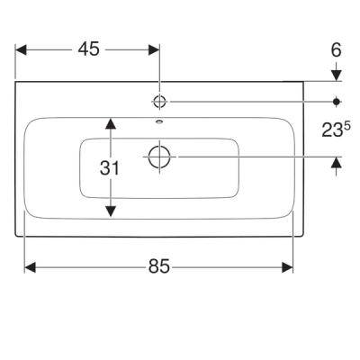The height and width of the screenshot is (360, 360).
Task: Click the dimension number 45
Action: (89, 49)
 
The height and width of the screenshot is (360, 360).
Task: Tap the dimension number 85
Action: (159, 266)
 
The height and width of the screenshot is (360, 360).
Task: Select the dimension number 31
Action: (110, 168)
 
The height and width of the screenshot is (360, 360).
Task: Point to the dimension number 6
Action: (337, 50)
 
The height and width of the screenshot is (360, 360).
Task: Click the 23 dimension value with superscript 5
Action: (336, 130)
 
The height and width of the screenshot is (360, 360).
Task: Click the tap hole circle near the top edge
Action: (159, 102)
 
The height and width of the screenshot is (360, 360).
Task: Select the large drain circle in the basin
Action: (159, 157)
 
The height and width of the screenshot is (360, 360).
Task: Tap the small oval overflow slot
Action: (159, 121)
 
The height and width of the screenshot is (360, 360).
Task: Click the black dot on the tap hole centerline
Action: (337, 102)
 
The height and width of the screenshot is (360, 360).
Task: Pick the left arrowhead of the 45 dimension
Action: (21, 49)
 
